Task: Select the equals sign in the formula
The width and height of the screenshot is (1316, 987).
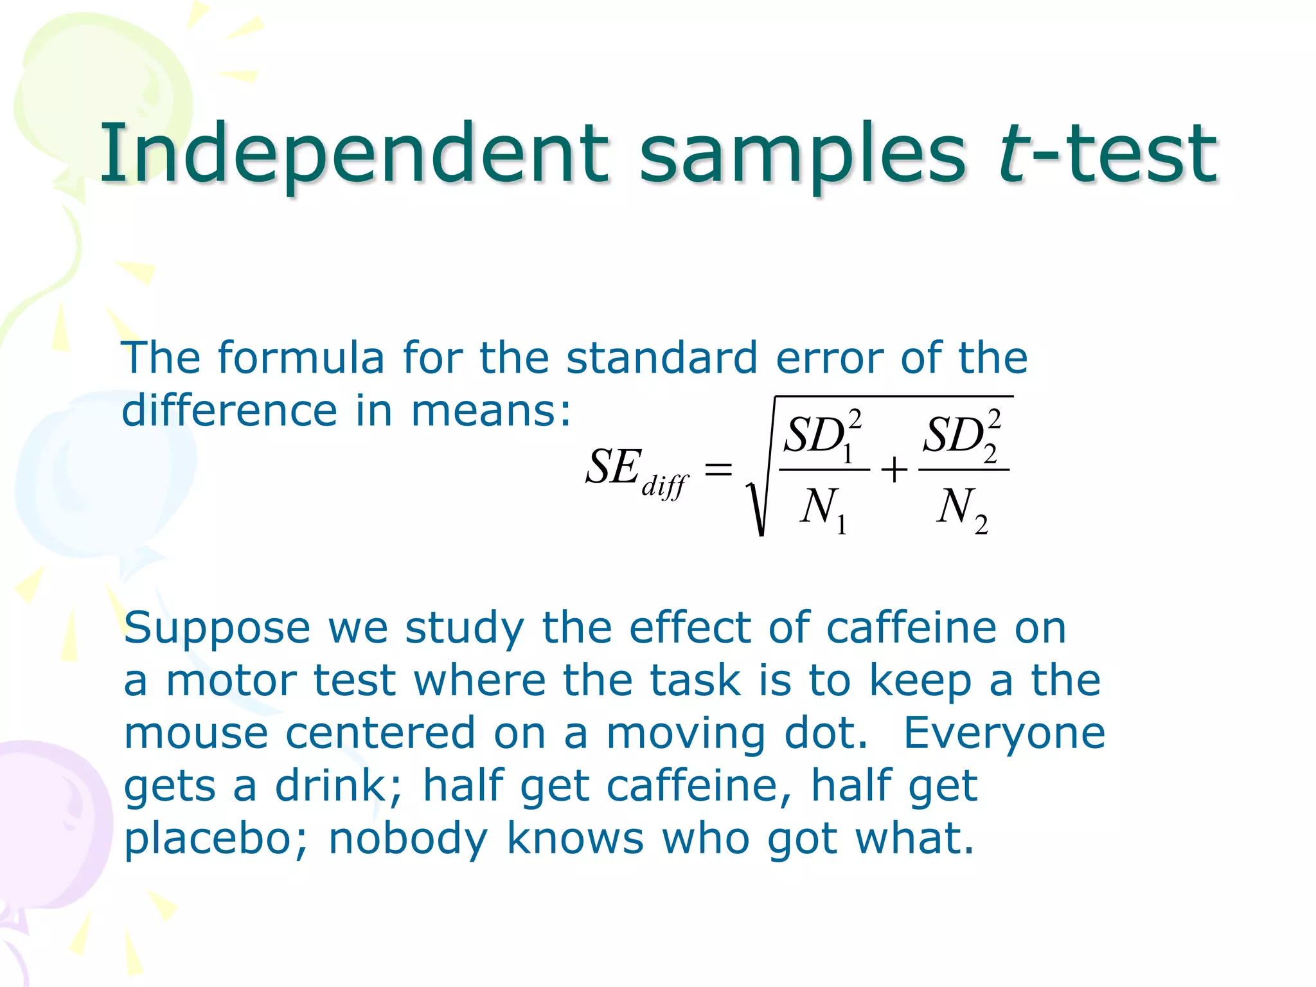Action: point(718,468)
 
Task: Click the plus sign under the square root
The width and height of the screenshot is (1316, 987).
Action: point(894,470)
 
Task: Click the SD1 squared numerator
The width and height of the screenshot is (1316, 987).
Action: point(823,435)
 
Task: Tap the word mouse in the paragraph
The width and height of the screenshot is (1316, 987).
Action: point(196,734)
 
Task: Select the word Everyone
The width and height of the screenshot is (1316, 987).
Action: point(1004,734)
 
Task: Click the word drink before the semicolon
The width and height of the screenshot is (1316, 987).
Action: point(330,787)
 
